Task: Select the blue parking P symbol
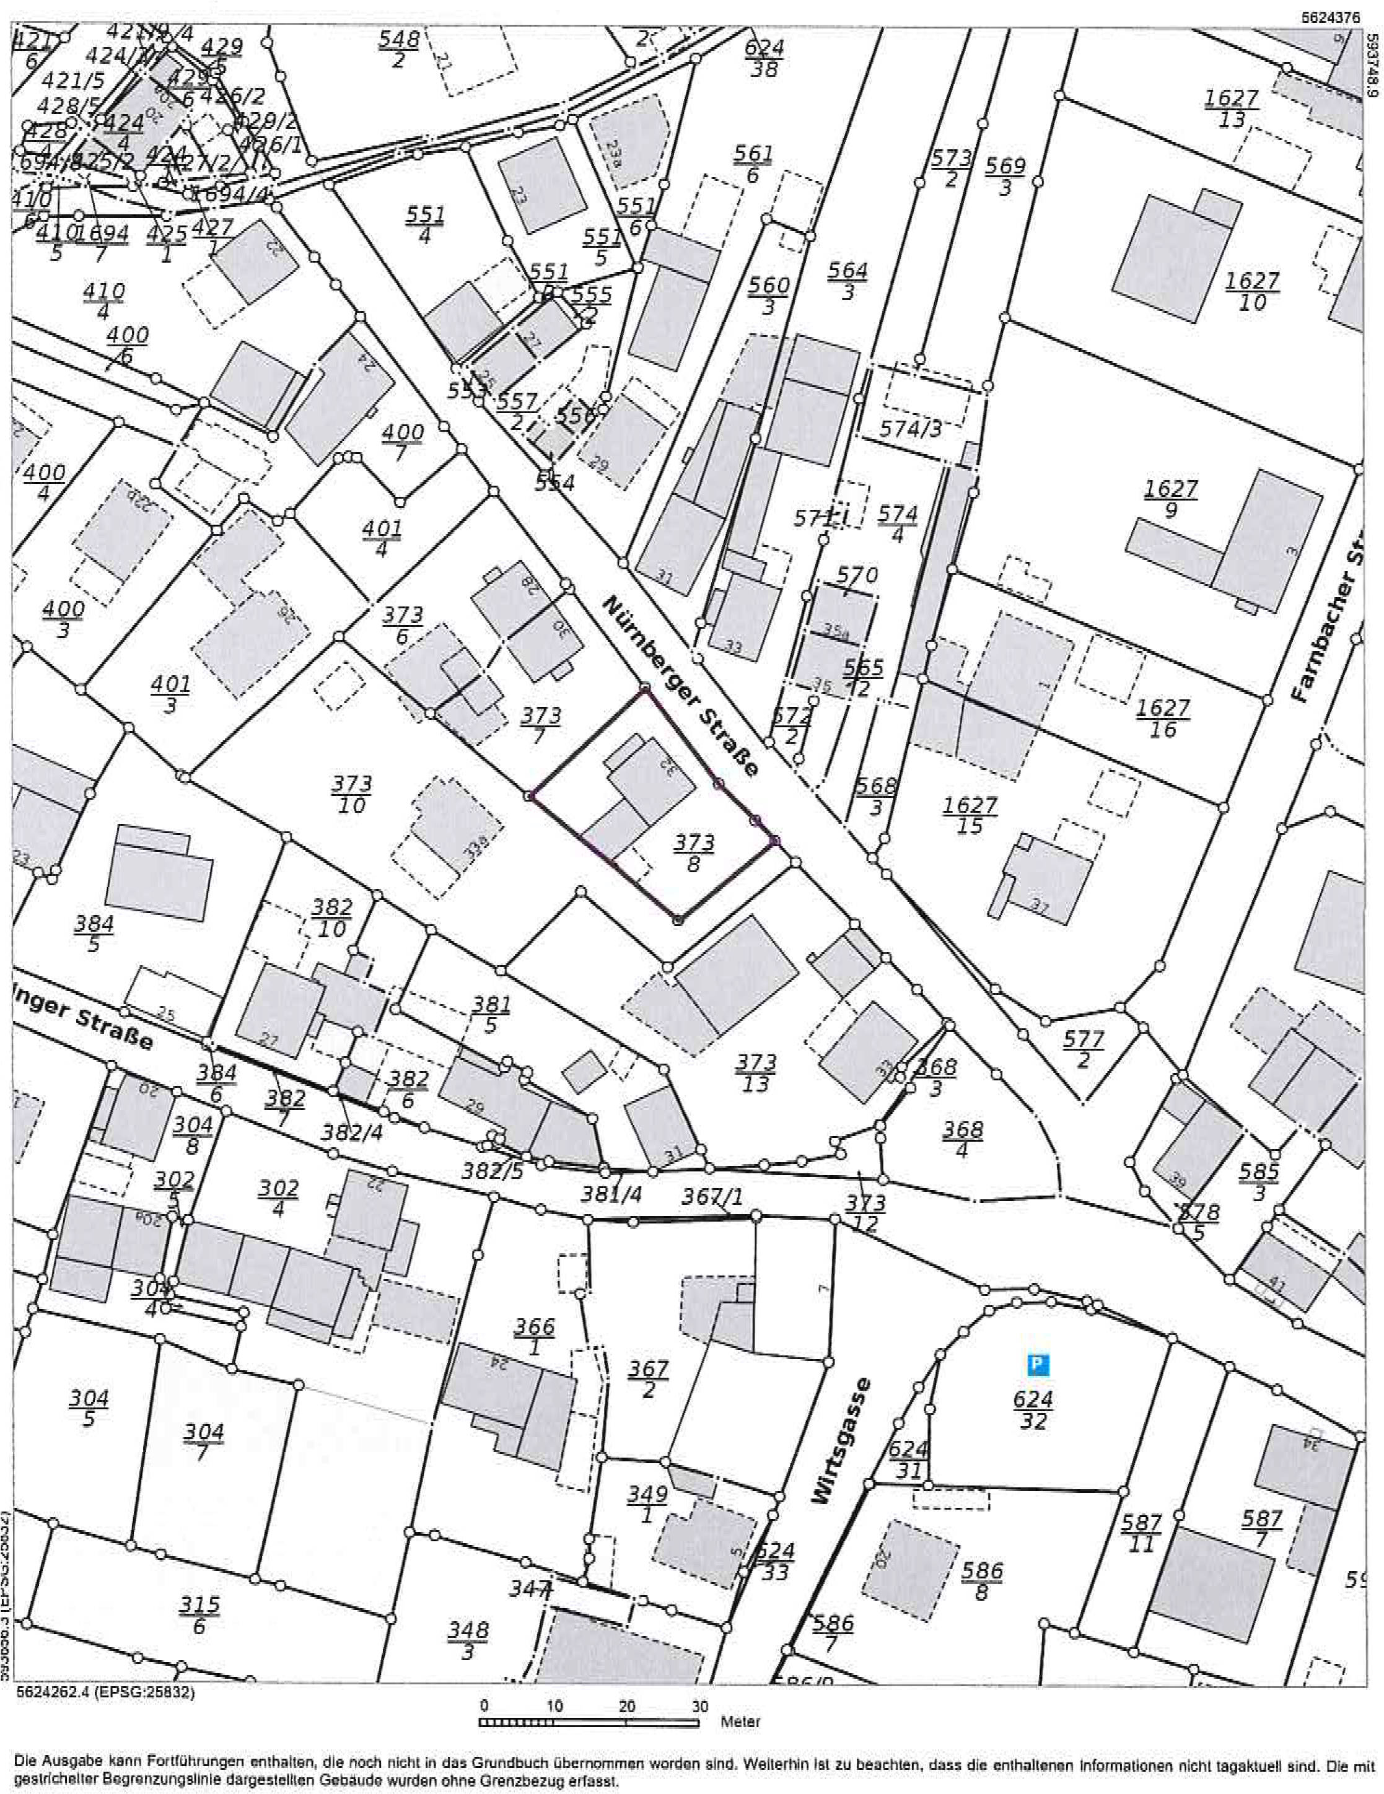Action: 1038,1365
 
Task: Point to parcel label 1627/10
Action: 1252,292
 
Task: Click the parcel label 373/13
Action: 756,1074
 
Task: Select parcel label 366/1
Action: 535,1336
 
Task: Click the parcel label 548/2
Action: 399,50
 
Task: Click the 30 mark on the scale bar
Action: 699,1706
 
